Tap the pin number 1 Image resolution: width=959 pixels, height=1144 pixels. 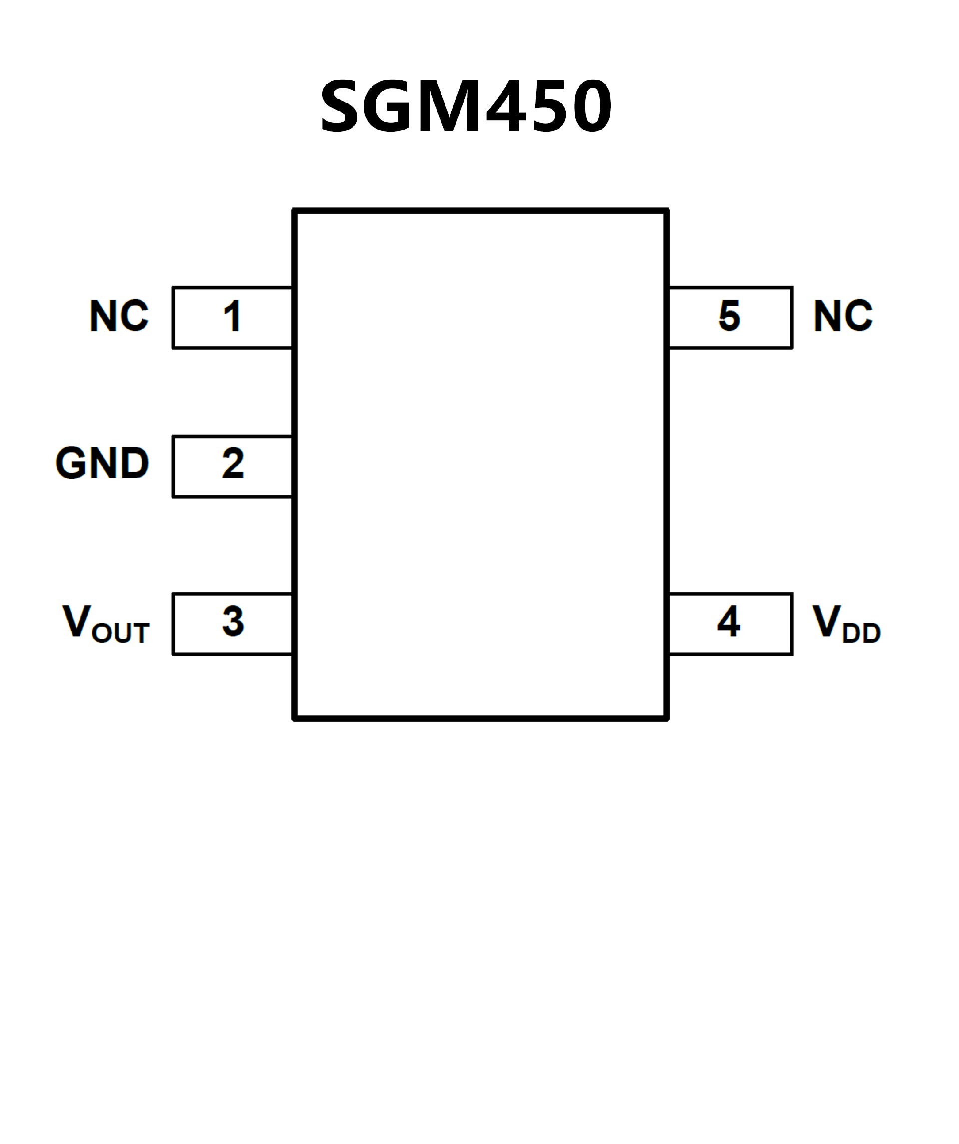(233, 316)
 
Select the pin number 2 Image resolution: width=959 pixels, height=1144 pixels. (233, 463)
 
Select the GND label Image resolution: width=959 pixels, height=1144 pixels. (102, 463)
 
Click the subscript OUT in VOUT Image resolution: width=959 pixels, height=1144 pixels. (121, 633)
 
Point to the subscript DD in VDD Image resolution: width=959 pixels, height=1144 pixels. (861, 633)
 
